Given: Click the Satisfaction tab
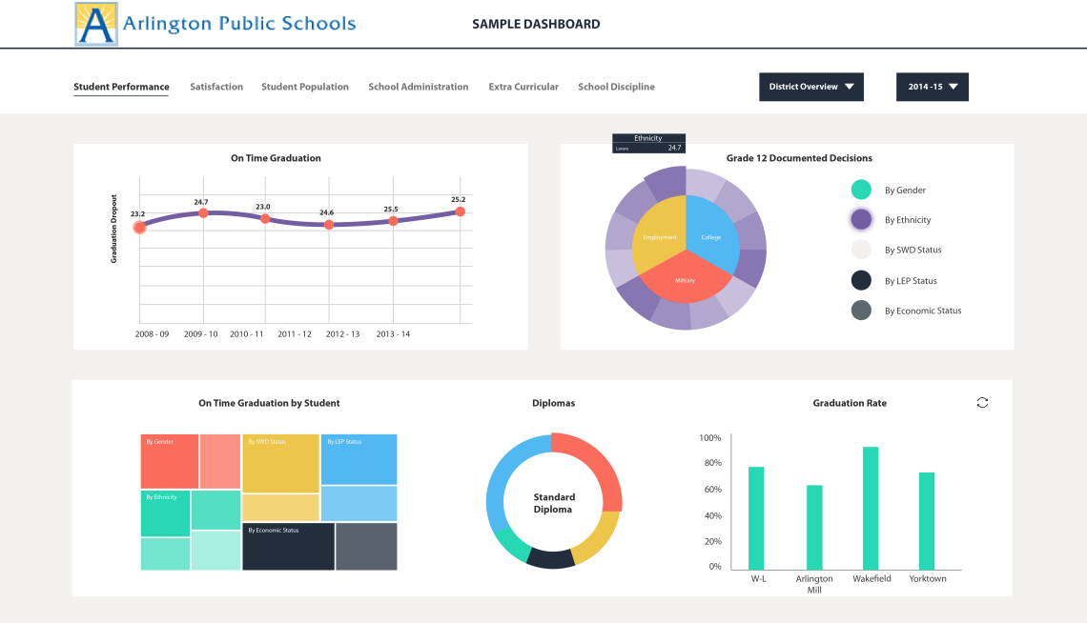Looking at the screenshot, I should [216, 87].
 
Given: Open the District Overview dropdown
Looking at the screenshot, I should [810, 87].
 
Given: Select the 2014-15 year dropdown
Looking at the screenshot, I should [932, 87].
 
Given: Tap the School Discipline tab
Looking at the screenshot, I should [616, 87].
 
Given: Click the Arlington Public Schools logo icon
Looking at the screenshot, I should [96, 24].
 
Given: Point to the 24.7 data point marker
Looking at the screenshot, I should [203, 213].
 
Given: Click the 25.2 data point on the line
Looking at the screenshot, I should [460, 211].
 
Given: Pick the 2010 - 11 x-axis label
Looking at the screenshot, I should [247, 334].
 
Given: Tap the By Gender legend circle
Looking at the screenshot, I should [861, 190].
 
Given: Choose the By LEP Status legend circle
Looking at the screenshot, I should [861, 280].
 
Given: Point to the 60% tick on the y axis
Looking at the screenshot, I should [711, 490].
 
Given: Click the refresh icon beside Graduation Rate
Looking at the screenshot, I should [982, 403].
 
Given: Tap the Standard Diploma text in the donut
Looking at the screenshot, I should [554, 503].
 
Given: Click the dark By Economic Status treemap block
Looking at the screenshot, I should [288, 546].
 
